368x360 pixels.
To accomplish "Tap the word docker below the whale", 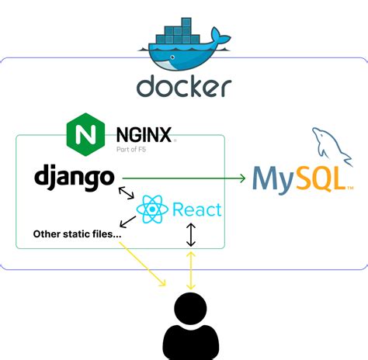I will [184, 86].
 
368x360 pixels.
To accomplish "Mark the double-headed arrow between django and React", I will [127, 194].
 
